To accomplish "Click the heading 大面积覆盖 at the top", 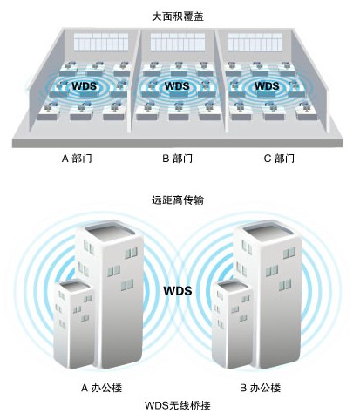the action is pos(178,17).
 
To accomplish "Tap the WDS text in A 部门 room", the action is pos(85,86).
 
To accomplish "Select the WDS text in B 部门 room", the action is pos(177,86).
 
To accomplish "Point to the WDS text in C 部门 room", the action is pos(267,86).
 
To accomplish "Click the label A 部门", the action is pos(77,159).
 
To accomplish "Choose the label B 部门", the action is pos(178,159).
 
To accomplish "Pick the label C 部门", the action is pos(279,159).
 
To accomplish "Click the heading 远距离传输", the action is pos(178,200).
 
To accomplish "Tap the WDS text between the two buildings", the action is pos(178,291).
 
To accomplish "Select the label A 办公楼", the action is pos(101,388).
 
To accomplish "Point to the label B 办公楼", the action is pos(261,388).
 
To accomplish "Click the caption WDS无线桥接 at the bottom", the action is pos(178,405).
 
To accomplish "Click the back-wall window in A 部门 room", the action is pos(101,42).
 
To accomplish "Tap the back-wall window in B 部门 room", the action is pos(178,42).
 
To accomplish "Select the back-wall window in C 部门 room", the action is pos(255,42).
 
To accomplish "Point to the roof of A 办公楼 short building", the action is pos(73,286).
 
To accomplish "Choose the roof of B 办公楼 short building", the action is pos(232,286).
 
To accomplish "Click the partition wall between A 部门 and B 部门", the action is pos(135,81).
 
